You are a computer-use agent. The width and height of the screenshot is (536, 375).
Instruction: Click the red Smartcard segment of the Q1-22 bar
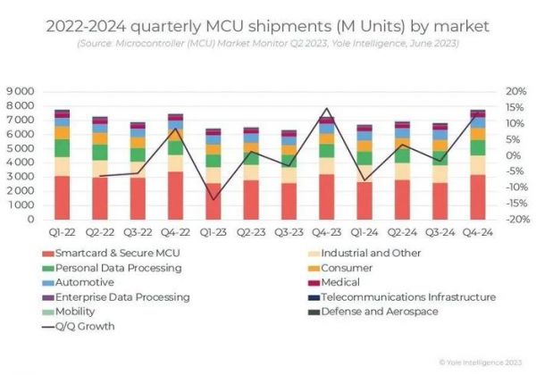[x=63, y=197]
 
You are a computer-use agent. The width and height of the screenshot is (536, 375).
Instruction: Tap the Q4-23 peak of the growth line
[x=326, y=109]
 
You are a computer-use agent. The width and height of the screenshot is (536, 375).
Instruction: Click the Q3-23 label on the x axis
[x=289, y=230]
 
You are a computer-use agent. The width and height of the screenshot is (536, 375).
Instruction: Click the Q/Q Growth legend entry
[x=85, y=326]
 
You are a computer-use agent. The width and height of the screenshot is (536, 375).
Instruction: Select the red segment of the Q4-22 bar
[x=175, y=196]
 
